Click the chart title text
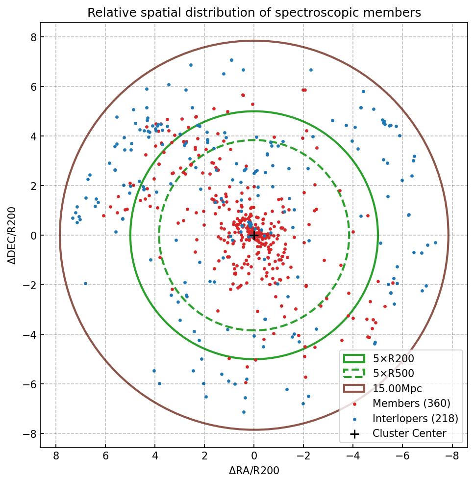pyautogui.click(x=254, y=13)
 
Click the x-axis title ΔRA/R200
pyautogui.click(x=254, y=471)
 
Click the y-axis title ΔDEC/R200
pyautogui.click(x=12, y=236)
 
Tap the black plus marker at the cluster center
pyautogui.click(x=254, y=236)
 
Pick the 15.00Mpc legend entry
pyautogui.click(x=397, y=389)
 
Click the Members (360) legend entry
pyautogui.click(x=411, y=403)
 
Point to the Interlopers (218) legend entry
pyautogui.click(x=415, y=419)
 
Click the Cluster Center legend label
pyautogui.click(x=409, y=433)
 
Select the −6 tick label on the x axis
pyautogui.click(x=402, y=456)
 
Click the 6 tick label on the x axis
pyautogui.click(x=105, y=456)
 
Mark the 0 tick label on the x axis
pyautogui.click(x=254, y=456)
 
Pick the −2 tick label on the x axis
pyautogui.click(x=303, y=456)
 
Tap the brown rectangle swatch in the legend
pyautogui.click(x=354, y=389)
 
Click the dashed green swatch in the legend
pyautogui.click(x=354, y=374)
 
